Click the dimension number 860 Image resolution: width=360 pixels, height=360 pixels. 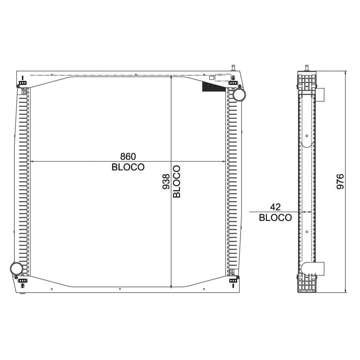[128, 157]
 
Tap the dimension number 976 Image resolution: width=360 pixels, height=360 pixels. [341, 181]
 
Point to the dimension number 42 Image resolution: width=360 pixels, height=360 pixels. [275, 207]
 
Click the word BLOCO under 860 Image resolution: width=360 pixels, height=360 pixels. [128, 167]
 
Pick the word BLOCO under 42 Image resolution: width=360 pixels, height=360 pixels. [275, 218]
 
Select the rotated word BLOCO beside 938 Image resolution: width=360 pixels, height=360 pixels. [177, 181]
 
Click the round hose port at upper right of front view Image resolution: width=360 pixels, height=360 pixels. [239, 95]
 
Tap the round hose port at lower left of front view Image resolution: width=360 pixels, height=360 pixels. [16, 269]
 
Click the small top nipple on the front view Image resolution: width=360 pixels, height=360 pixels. [233, 67]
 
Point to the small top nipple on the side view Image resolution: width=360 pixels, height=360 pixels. [307, 67]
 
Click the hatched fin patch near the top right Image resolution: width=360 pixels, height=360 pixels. [212, 86]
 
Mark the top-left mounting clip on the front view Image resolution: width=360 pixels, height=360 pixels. [23, 84]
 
